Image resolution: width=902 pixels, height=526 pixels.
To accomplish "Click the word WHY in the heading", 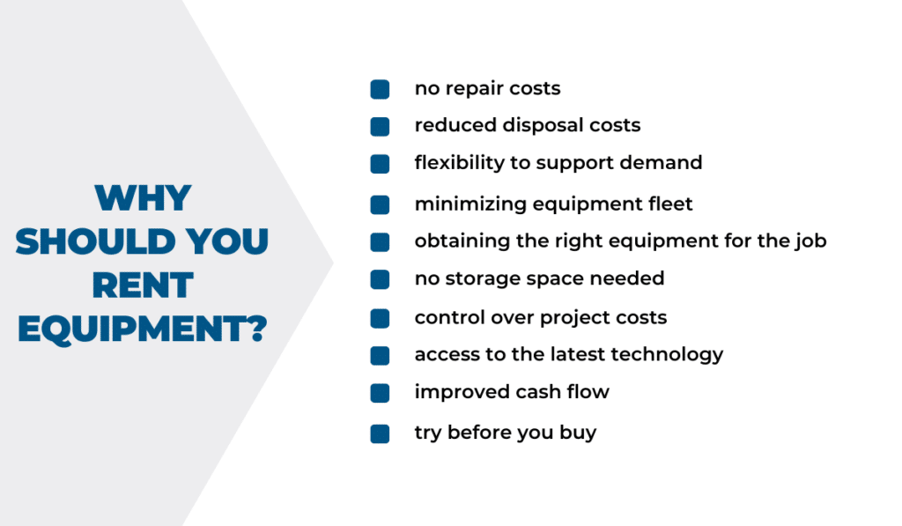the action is [x=144, y=198].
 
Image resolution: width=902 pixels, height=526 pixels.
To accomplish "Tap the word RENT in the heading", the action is [x=143, y=285].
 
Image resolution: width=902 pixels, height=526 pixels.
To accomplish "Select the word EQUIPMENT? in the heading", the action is [x=143, y=330].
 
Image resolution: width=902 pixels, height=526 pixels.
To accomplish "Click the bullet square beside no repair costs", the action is [x=380, y=89].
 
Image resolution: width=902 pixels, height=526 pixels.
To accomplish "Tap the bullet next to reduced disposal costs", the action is [x=380, y=127].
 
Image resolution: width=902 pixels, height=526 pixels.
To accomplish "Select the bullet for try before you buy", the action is [x=380, y=433].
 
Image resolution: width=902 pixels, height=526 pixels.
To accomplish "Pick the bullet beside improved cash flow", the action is [x=380, y=393].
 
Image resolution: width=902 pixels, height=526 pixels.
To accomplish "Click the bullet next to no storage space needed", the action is [x=380, y=279].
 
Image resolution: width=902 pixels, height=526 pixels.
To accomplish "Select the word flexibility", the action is [x=460, y=163].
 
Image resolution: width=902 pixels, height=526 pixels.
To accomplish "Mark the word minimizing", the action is [x=470, y=204].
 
